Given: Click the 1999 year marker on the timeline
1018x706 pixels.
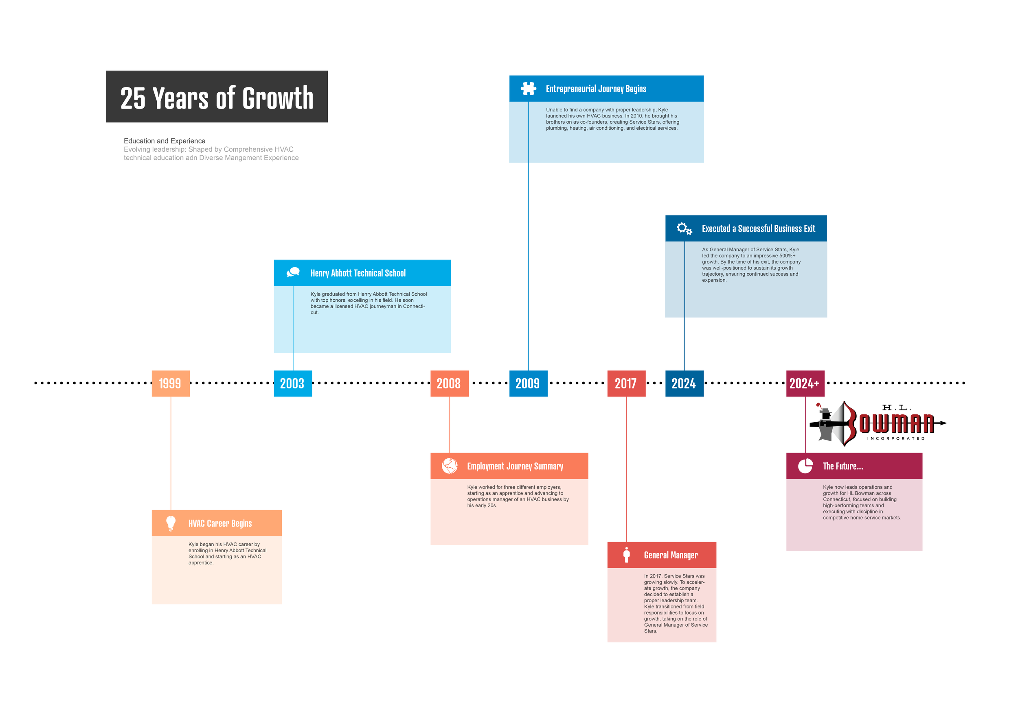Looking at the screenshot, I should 171,383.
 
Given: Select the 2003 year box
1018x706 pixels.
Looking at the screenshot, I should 293,383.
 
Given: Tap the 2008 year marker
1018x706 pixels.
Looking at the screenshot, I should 449,383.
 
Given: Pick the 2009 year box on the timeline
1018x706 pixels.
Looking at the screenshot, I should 528,383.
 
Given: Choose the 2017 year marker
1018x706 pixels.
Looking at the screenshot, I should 626,383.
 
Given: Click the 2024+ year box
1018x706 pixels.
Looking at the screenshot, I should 805,383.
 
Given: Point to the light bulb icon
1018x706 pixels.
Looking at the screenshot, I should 171,523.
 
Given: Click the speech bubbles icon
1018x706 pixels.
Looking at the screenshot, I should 293,272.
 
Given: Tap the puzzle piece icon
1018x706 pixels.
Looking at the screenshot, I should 528,89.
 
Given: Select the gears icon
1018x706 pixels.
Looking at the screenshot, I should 684,228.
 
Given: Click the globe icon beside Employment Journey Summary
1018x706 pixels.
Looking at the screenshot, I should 450,466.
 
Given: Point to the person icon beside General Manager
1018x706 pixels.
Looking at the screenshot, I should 626,555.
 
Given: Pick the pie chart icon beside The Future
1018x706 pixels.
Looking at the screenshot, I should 805,466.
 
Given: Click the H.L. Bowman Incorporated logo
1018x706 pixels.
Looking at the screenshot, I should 877,423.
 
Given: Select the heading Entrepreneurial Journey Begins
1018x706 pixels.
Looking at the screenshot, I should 596,89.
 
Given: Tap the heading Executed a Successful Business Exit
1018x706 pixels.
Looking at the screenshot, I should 758,229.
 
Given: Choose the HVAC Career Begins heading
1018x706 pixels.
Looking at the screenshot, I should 219,523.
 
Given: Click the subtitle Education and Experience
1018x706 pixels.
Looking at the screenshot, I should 164,141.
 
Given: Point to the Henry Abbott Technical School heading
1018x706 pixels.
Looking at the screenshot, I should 358,273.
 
